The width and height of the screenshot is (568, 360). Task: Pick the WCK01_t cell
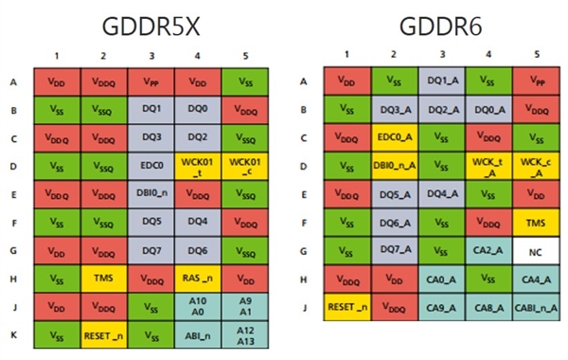point(198,167)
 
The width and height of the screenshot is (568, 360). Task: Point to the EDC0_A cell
point(396,137)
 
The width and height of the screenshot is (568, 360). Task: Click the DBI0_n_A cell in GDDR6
point(396,167)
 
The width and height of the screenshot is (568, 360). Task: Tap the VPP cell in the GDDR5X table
point(151,82)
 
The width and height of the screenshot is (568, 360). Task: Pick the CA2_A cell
point(488,253)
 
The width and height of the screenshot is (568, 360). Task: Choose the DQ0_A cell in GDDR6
point(488,110)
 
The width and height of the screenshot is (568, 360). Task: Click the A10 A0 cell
point(198,308)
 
